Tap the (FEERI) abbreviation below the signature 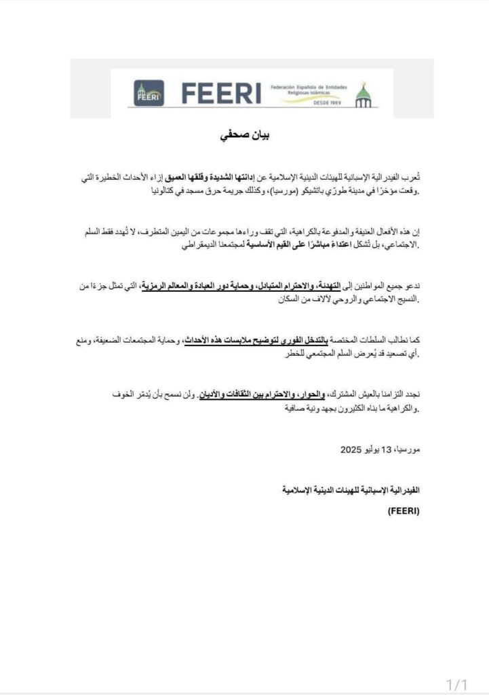(x=405, y=512)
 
